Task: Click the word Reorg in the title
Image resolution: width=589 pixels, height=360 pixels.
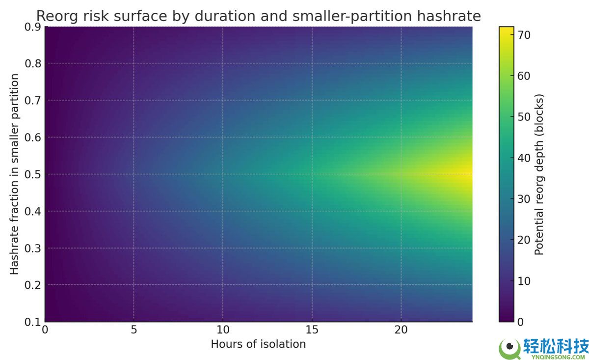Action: [57, 16]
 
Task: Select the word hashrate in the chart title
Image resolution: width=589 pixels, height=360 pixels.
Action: [449, 16]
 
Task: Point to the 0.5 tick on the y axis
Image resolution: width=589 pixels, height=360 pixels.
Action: [33, 174]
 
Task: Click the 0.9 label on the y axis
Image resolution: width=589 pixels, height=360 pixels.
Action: [33, 27]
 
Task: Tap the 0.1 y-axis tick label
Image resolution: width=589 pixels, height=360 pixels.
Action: [33, 322]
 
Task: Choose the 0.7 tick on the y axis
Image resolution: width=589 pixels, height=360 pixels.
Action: [33, 101]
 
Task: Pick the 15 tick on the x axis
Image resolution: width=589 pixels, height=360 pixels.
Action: [312, 330]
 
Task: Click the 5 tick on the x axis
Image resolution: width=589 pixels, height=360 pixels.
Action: [134, 330]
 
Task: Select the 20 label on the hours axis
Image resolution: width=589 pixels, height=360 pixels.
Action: [401, 330]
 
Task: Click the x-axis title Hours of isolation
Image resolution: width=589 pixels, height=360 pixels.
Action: [258, 344]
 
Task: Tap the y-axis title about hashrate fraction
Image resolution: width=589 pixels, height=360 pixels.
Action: [14, 174]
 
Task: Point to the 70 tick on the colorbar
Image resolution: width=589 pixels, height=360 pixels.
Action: [524, 35]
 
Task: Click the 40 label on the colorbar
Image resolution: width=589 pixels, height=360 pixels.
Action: [524, 158]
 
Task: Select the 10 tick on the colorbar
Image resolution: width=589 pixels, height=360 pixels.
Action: [524, 281]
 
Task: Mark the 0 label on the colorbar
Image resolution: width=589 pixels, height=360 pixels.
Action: [521, 322]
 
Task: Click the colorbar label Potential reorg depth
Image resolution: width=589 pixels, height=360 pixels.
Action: [539, 174]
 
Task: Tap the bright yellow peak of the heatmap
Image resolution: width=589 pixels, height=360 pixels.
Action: [467, 174]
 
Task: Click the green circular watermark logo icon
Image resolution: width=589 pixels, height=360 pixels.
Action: [509, 348]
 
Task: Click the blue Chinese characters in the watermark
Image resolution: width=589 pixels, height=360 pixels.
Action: [556, 346]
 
